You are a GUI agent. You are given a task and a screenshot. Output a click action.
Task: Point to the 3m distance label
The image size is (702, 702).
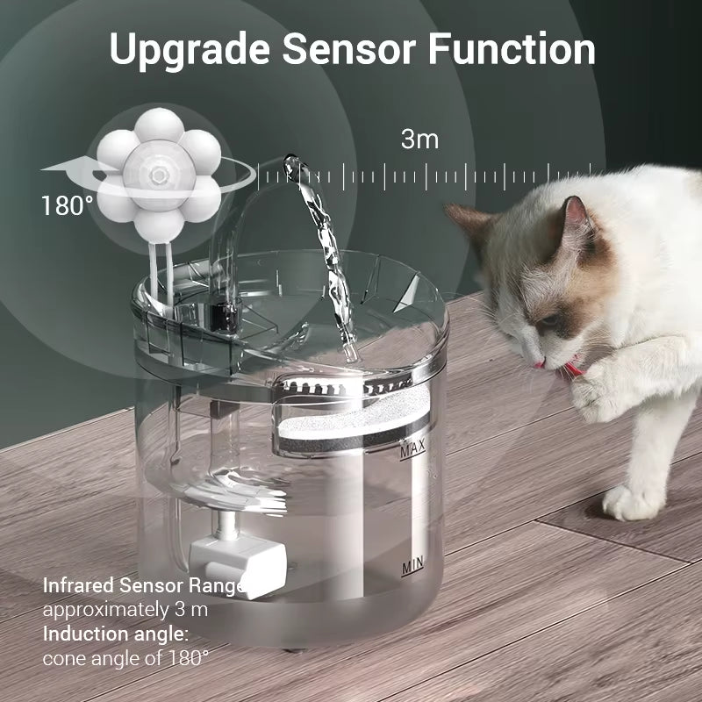pyautogui.click(x=419, y=139)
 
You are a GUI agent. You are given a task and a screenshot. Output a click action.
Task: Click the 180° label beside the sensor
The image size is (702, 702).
pyautogui.click(x=67, y=206)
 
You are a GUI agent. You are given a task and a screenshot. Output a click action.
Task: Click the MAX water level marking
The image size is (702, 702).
pyautogui.click(x=412, y=452)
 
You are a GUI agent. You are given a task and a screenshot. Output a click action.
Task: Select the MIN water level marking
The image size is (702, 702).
pyautogui.click(x=413, y=568)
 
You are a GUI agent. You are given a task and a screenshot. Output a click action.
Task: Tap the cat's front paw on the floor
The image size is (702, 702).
pyautogui.click(x=629, y=502)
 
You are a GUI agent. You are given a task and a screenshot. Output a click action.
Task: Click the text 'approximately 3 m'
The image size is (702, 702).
pyautogui.click(x=125, y=609)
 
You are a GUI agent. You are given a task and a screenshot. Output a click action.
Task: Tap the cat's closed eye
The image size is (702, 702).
pyautogui.click(x=549, y=318)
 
